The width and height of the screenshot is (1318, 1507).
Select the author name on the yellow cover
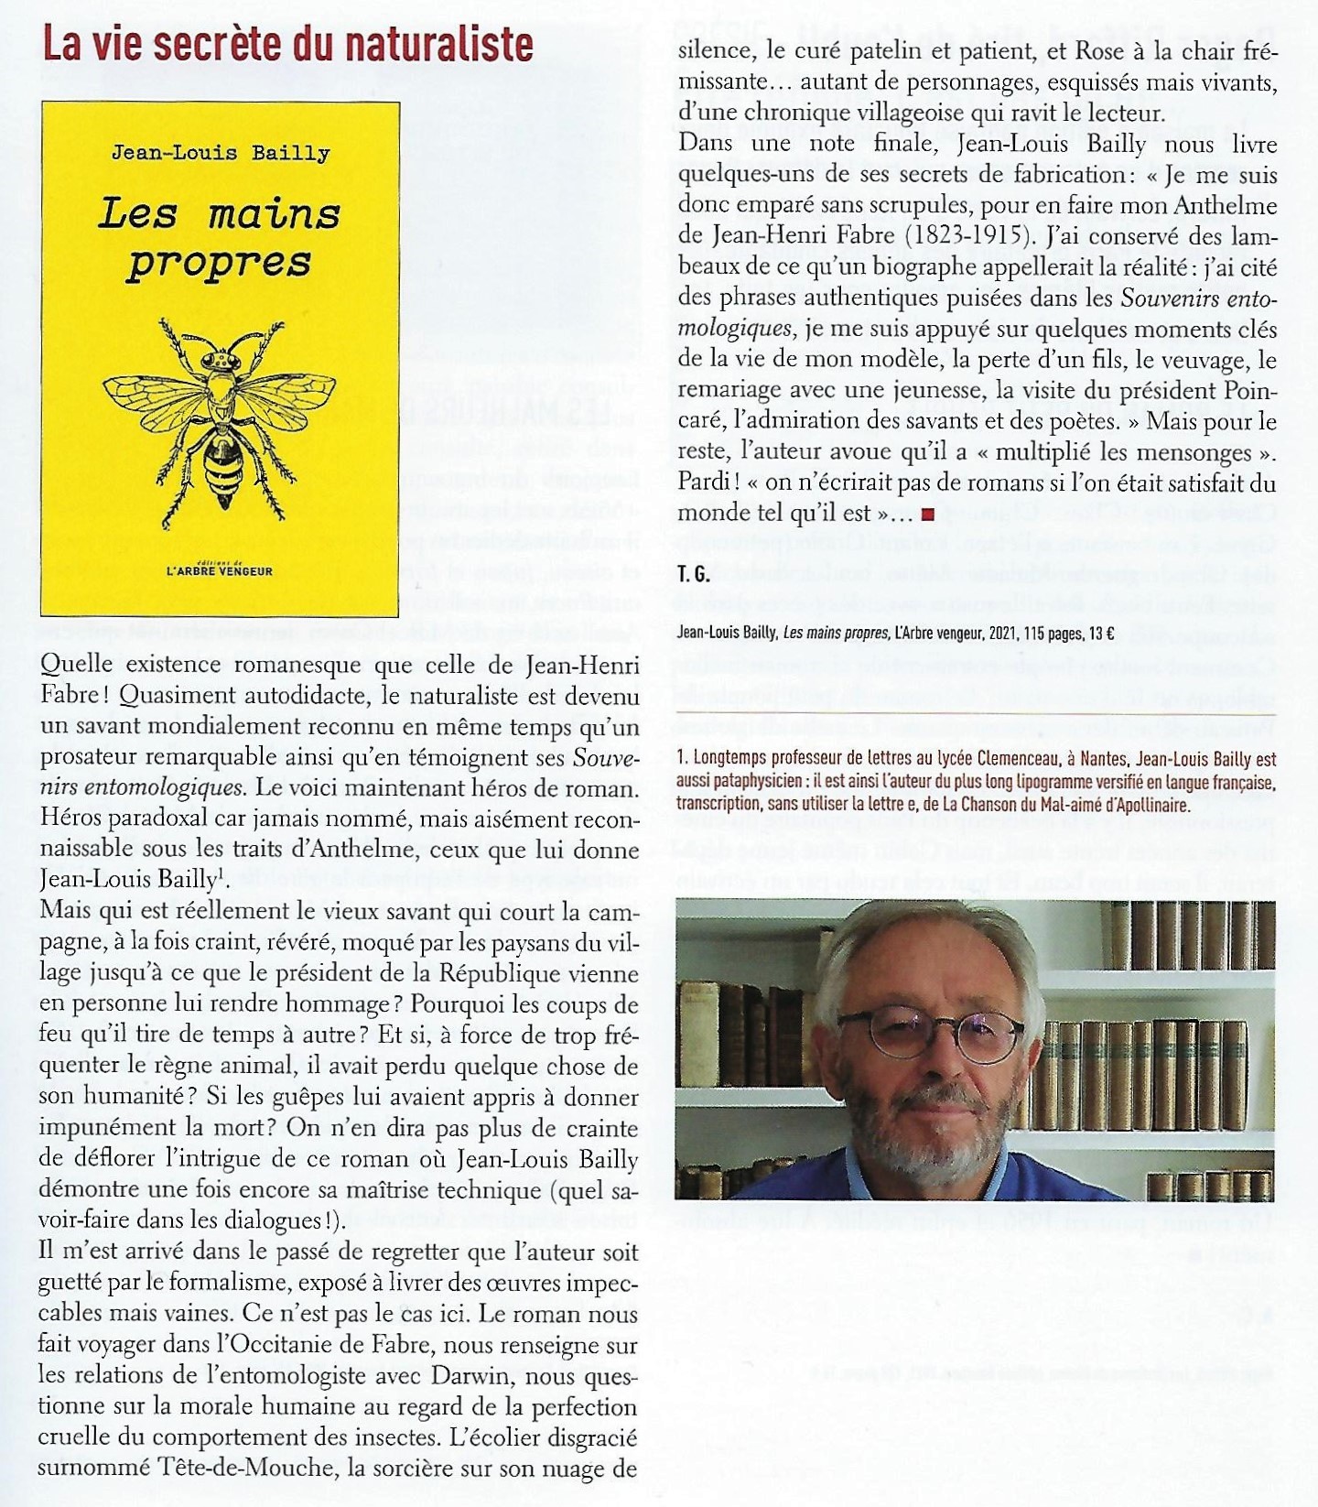coord(221,153)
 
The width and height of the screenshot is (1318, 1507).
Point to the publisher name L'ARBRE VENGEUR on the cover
coord(220,570)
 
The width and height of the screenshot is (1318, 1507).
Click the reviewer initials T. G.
coord(694,574)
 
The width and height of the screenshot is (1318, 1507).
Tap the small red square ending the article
coord(928,515)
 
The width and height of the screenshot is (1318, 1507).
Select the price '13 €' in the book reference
coord(1100,633)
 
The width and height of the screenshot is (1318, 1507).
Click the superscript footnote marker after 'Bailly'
coord(221,873)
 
